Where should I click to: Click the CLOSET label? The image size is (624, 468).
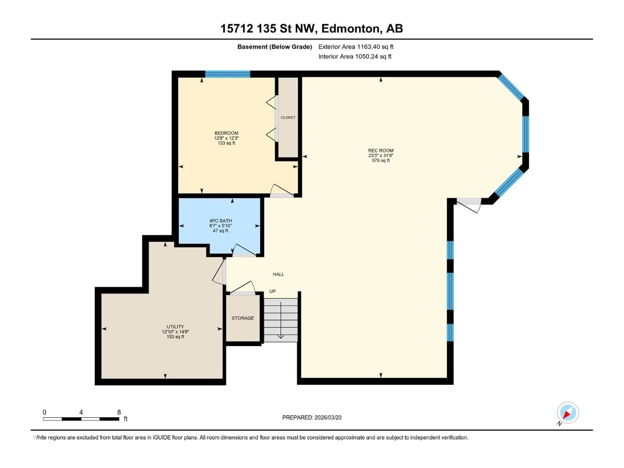tap(288, 117)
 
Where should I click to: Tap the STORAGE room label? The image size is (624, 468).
tap(243, 318)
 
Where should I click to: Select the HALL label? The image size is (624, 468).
tap(278, 274)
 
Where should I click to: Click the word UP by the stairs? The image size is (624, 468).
tap(272, 291)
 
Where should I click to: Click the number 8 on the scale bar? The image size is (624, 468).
tap(119, 412)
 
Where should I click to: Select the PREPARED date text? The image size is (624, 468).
tap(312, 417)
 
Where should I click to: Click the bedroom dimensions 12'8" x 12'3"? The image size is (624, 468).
tap(226, 138)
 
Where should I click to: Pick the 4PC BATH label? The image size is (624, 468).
tap(220, 221)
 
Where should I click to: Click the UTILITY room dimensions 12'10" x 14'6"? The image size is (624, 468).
tap(175, 332)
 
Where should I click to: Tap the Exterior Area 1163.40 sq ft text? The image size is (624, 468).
tap(356, 47)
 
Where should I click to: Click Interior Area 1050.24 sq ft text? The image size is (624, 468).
tap(355, 56)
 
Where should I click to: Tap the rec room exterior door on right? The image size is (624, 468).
tap(468, 205)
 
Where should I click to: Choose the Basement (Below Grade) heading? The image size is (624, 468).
tap(274, 47)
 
